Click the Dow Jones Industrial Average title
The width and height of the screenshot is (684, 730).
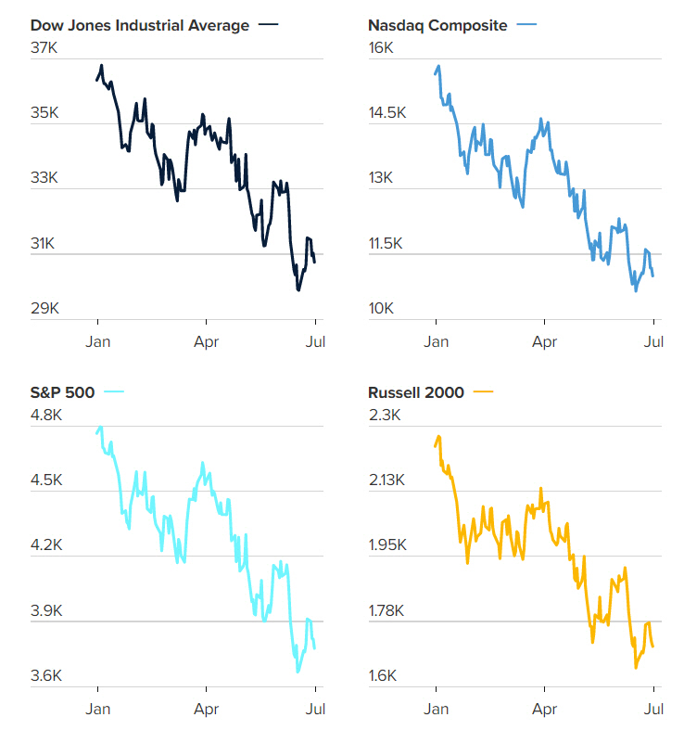pos(140,26)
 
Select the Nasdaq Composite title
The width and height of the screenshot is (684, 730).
pos(437,26)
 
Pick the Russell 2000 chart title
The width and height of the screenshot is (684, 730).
pos(415,391)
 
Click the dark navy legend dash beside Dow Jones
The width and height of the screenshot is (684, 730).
pos(269,26)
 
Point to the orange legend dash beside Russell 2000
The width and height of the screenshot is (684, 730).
pos(483,391)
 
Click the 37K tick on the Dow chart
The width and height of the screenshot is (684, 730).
pos(45,48)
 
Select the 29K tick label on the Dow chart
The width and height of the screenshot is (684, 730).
pos(45,308)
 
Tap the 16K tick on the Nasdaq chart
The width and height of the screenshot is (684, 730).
pos(382,48)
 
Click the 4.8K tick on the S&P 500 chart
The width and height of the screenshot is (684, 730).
pos(46,415)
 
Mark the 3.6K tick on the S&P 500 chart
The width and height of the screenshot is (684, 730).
pos(46,675)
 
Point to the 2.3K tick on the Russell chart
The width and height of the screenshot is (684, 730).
pos(384,415)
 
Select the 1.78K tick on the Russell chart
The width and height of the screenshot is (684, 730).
pos(387,610)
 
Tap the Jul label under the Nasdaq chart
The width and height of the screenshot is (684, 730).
pos(653,341)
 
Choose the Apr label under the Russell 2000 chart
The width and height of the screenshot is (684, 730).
pos(544,708)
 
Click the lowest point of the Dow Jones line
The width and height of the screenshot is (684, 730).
pos(298,289)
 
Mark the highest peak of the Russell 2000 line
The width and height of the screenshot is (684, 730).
pos(438,435)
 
